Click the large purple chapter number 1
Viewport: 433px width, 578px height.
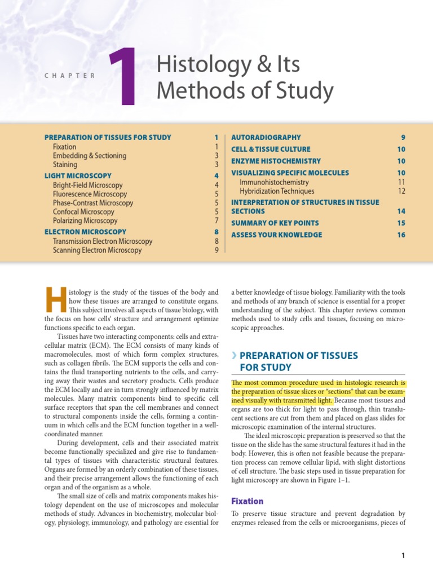click(x=123, y=77)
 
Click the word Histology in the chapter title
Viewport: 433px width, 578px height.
click(x=196, y=65)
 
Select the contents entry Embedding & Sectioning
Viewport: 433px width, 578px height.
click(x=89, y=156)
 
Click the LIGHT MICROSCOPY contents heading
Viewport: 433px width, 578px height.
click(x=78, y=176)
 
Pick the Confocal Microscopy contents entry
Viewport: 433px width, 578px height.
click(x=87, y=212)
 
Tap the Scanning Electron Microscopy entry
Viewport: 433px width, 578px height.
click(x=97, y=250)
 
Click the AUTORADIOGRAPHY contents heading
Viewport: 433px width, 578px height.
click(x=266, y=137)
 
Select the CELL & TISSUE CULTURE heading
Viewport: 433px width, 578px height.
click(x=271, y=149)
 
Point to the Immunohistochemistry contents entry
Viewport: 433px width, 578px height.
click(x=274, y=182)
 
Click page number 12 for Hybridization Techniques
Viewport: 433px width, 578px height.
click(x=401, y=191)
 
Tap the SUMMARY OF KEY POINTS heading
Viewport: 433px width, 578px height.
click(x=275, y=223)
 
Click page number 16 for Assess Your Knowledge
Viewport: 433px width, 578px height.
click(x=401, y=235)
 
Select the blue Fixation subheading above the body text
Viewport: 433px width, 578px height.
click(x=248, y=501)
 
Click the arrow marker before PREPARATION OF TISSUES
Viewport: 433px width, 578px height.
click(x=234, y=356)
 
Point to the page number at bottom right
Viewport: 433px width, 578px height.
click(x=403, y=556)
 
